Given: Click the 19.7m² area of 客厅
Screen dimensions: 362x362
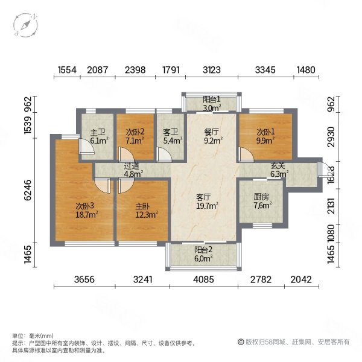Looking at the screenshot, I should click(x=208, y=205).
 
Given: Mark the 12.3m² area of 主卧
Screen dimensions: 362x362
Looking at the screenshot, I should click(x=146, y=214).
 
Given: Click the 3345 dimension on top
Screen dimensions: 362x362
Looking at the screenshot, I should click(x=265, y=71).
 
